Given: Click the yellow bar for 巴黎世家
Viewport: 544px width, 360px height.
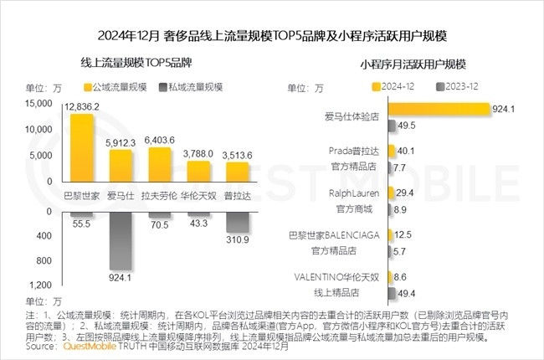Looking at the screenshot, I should tap(81, 149).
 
